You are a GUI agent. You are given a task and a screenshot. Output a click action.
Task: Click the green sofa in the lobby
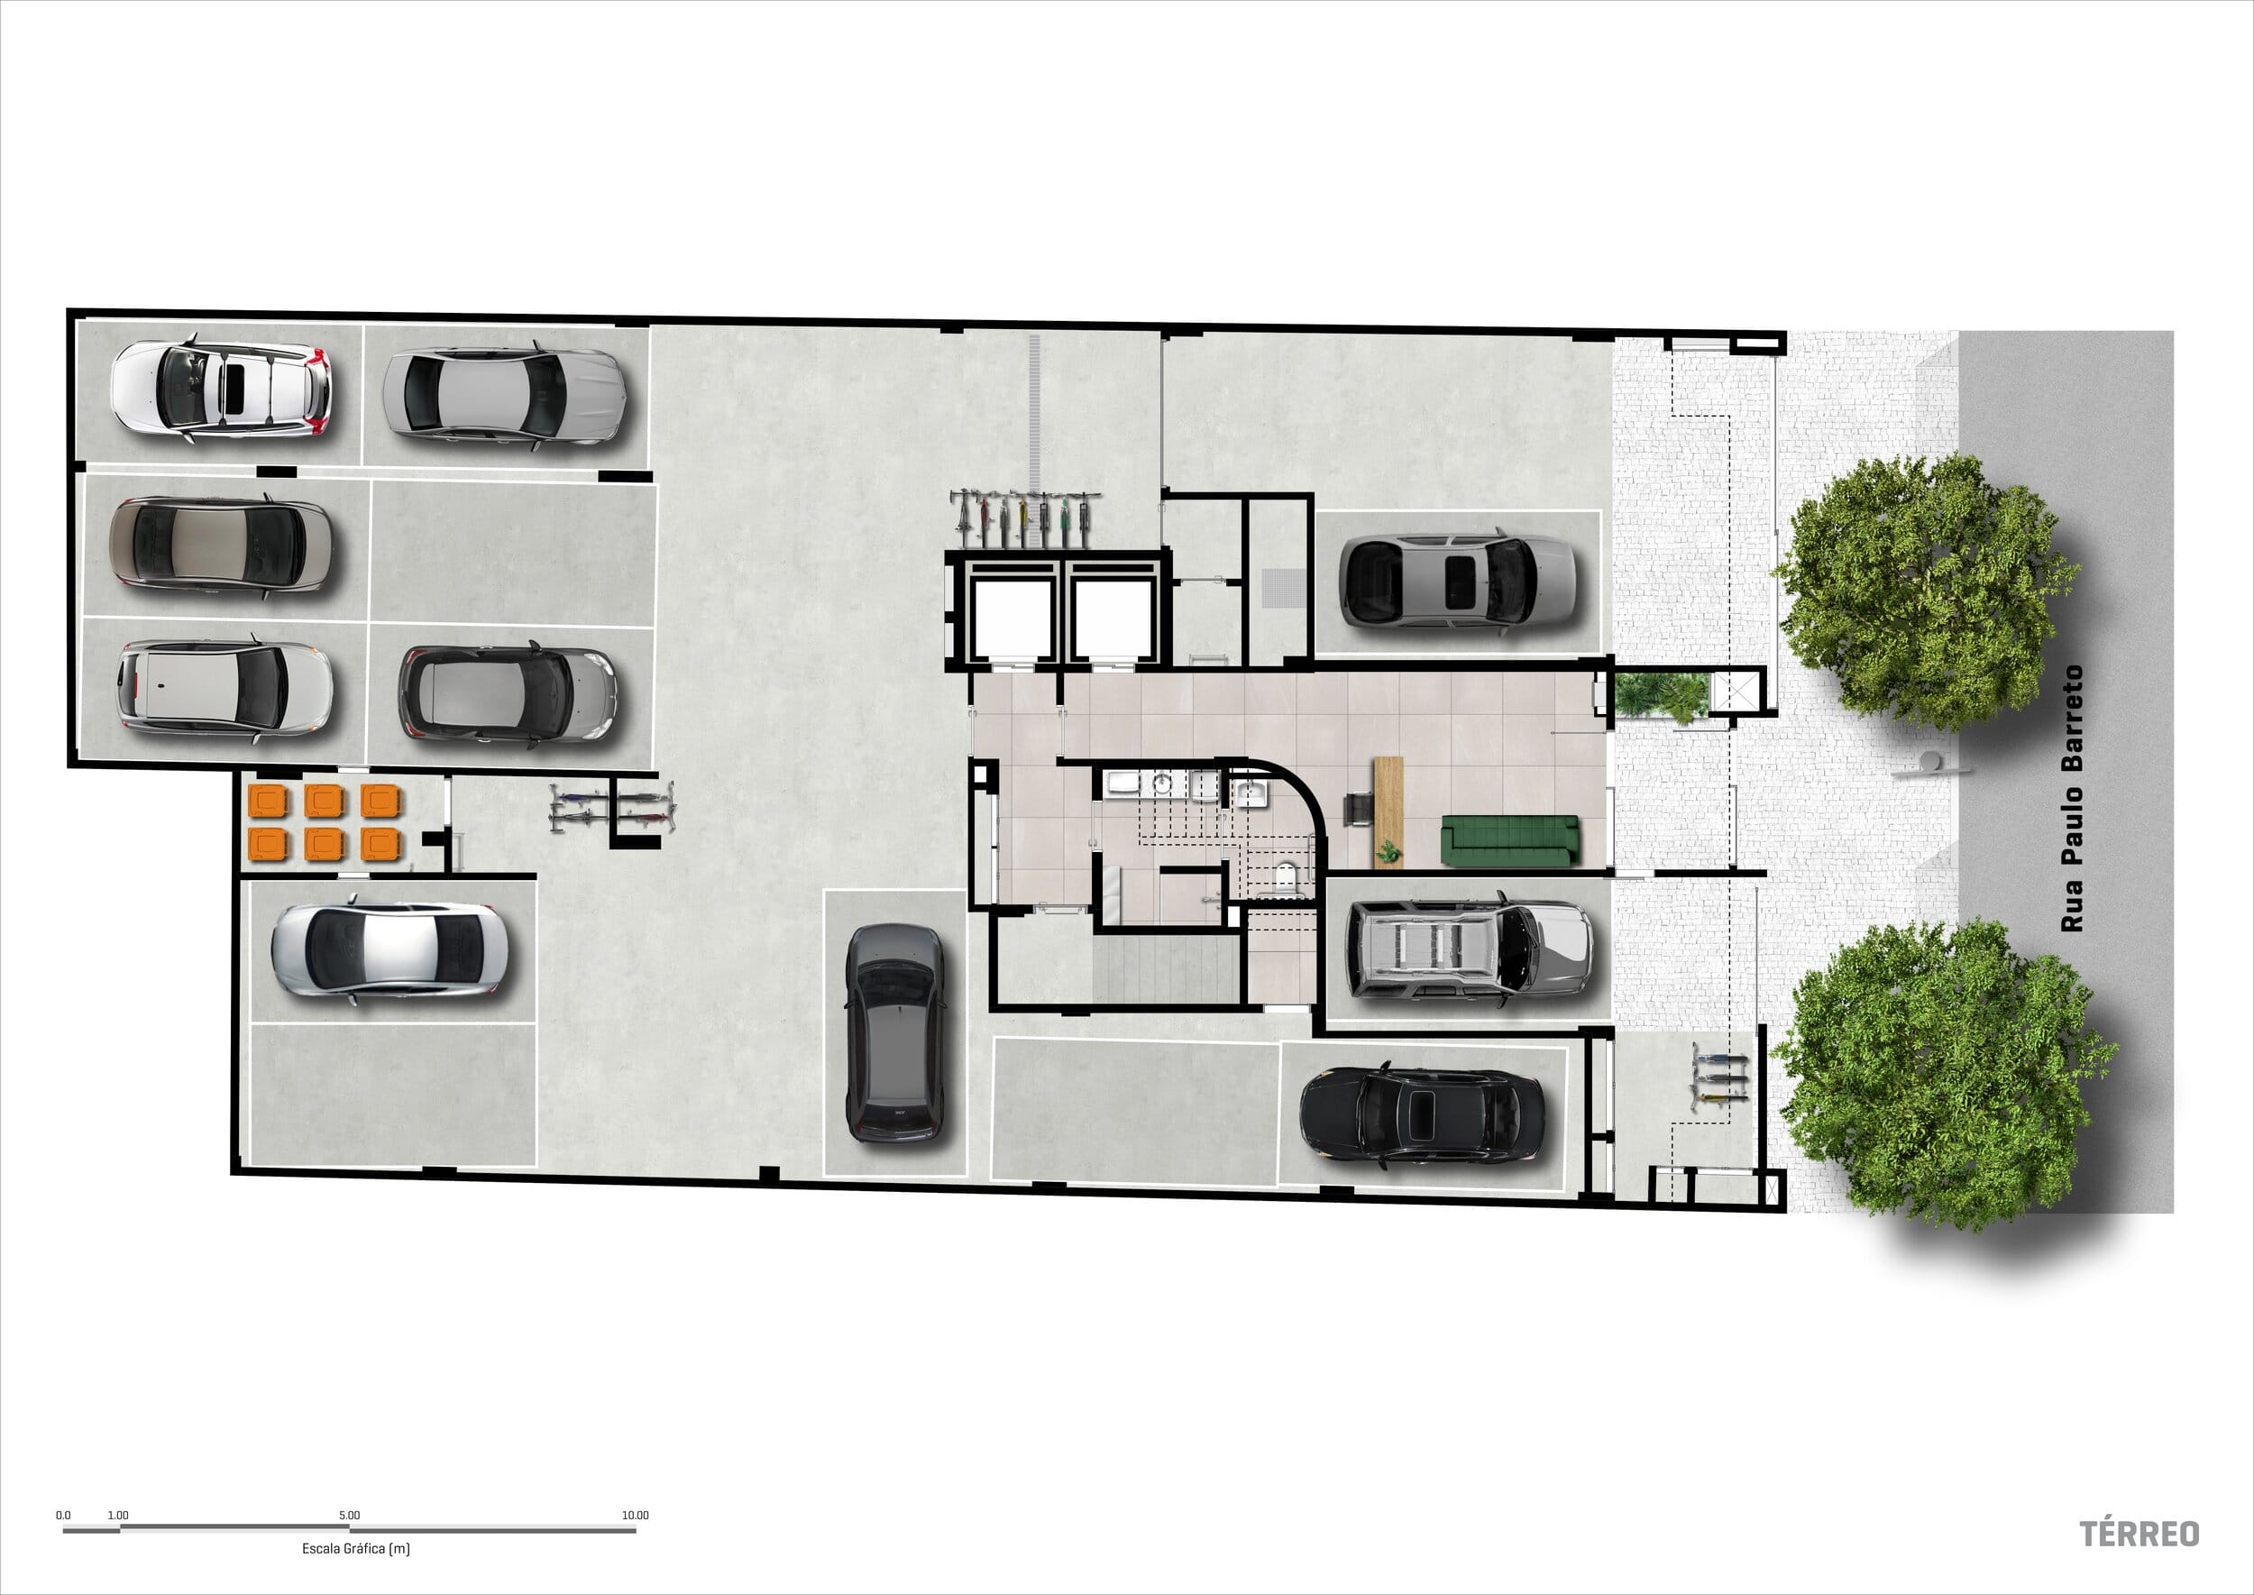tap(1509, 840)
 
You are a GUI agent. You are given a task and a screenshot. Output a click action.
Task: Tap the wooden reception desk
tap(1388, 812)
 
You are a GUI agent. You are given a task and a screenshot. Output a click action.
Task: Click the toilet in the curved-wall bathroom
tap(1286, 876)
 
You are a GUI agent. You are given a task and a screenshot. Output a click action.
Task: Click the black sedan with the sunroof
tap(1422, 1115)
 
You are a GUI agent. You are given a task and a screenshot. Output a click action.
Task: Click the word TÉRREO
tap(2139, 1533)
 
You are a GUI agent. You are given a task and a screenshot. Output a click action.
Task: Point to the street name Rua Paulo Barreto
tap(2071, 799)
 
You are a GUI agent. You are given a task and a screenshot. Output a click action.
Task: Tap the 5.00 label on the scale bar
tap(350, 1515)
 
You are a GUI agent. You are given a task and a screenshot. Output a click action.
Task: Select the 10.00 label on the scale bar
tap(636, 1515)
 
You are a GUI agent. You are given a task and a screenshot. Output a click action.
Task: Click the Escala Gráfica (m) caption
tap(355, 1549)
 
